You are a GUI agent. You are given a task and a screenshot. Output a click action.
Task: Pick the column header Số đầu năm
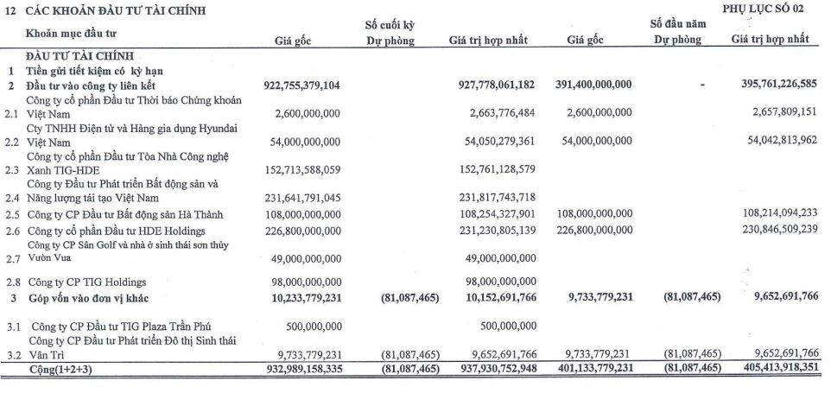coord(677,25)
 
